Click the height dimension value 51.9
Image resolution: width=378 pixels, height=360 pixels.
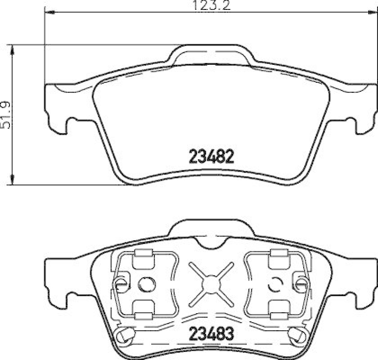point(6,114)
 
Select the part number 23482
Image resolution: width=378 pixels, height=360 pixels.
point(212,156)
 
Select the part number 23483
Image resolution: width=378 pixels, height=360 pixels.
point(211,333)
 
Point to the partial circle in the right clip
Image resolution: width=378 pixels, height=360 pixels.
point(274,284)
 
